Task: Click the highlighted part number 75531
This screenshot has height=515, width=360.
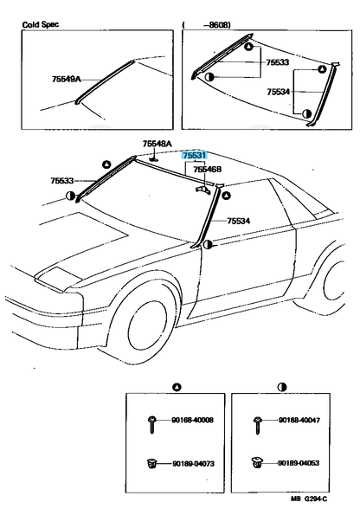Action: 195,155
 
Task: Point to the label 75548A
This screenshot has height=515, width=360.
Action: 157,144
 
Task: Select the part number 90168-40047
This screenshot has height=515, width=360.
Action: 299,421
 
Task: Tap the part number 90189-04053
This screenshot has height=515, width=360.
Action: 299,465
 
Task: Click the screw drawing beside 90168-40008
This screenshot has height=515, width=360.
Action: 152,422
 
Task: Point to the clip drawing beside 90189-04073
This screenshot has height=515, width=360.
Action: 152,466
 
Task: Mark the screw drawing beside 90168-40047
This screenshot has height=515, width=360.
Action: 258,422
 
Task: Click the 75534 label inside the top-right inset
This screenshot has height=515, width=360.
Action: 279,91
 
